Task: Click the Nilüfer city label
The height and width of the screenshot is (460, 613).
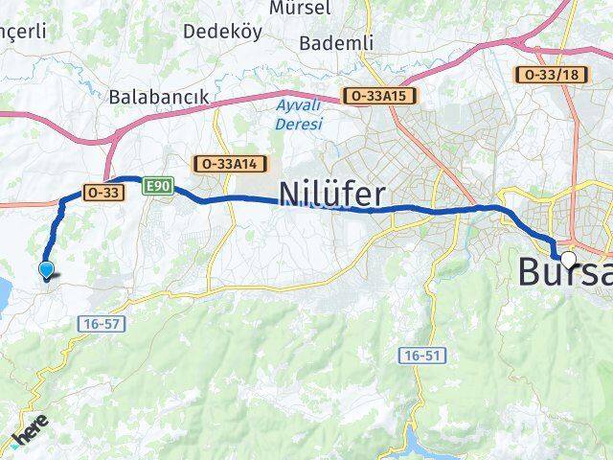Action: [332, 195]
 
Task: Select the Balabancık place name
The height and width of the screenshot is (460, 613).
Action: [158, 97]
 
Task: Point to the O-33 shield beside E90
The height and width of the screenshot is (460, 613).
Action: [102, 192]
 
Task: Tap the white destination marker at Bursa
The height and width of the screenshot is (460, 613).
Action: [569, 259]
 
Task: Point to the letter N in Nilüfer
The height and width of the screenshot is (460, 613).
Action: [289, 195]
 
